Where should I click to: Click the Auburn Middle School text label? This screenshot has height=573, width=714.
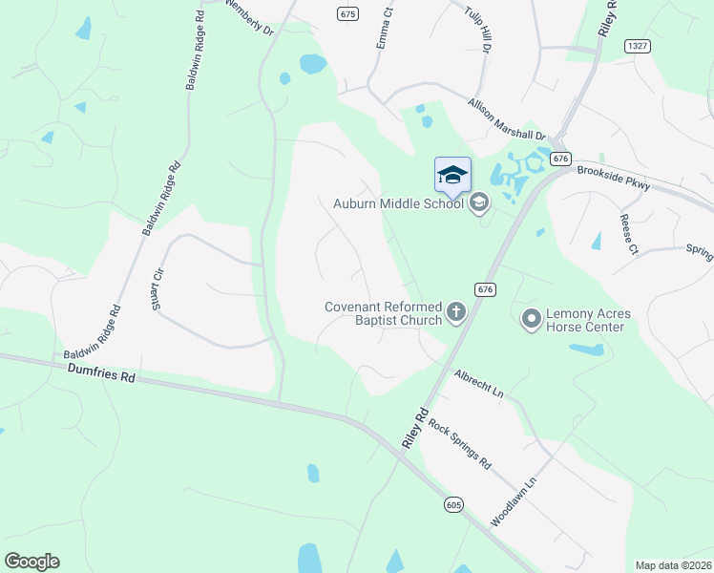(x=398, y=202)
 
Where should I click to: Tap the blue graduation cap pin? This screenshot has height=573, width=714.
(x=452, y=176)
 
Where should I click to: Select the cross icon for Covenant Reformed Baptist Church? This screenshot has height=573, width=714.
(x=456, y=311)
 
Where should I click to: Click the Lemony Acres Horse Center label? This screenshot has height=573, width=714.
(x=585, y=320)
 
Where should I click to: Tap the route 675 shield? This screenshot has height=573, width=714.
(x=346, y=14)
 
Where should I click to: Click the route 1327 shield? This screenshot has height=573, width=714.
(x=638, y=46)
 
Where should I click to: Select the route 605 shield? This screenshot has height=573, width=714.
(x=453, y=503)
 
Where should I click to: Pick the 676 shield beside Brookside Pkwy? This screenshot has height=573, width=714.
(x=560, y=159)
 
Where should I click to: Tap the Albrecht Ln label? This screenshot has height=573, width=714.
(x=478, y=383)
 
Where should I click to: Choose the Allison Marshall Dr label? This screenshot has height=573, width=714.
(x=506, y=120)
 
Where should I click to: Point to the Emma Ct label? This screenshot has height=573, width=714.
(x=385, y=31)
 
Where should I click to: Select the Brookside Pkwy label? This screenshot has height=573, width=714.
(x=614, y=179)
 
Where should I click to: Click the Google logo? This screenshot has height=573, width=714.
(x=31, y=562)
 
